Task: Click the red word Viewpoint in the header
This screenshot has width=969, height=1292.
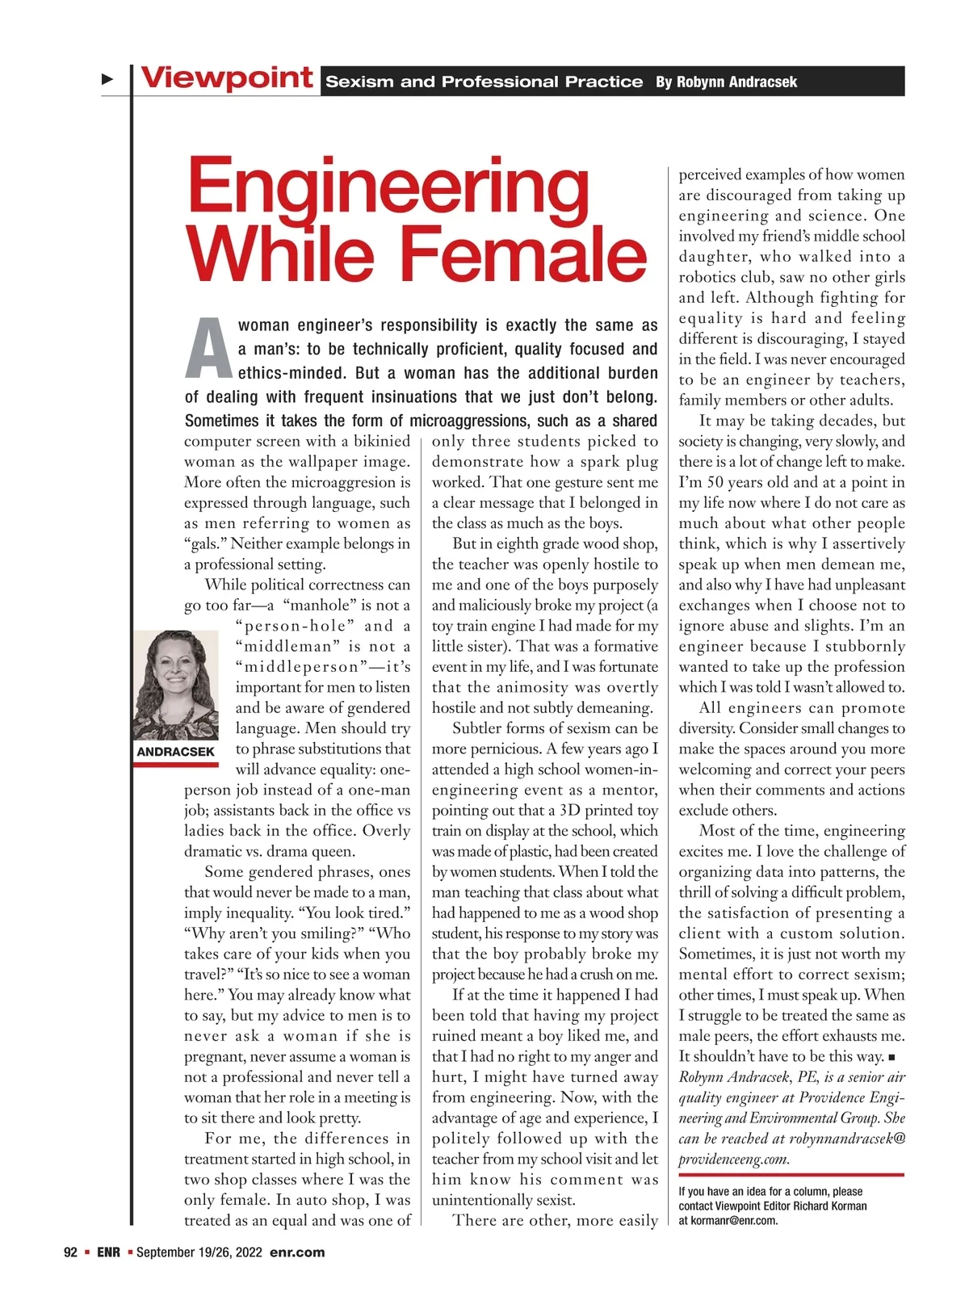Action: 227,78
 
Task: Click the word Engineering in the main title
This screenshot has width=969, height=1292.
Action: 388,188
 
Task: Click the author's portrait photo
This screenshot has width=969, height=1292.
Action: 175,685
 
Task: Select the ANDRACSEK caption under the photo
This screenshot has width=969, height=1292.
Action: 175,752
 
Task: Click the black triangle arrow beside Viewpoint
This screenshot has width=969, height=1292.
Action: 107,79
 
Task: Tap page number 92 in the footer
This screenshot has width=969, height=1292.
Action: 70,1252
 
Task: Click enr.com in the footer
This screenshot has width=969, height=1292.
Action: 297,1252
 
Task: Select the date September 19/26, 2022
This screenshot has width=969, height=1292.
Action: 199,1252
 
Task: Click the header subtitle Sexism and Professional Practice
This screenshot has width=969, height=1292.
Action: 484,82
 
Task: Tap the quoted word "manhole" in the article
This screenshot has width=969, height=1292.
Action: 320,606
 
